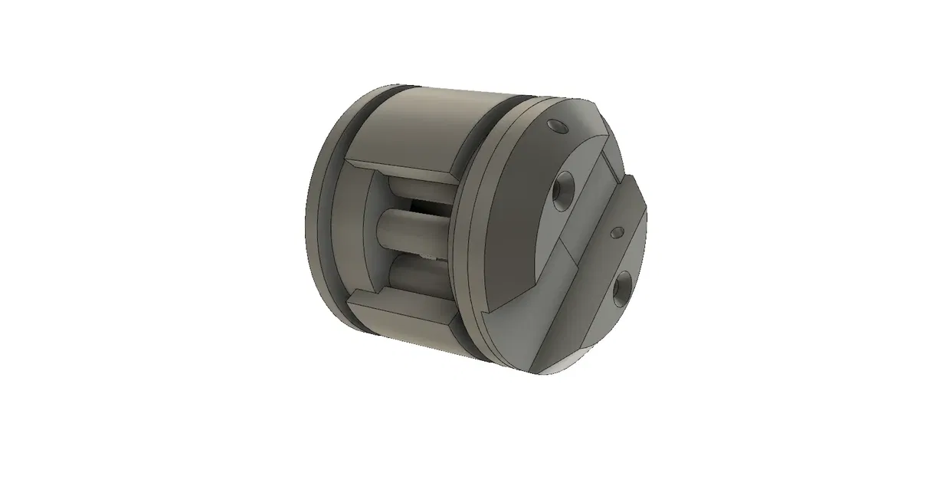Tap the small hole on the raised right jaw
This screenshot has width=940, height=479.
click(615, 231)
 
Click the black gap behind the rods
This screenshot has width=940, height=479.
click(423, 207)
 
